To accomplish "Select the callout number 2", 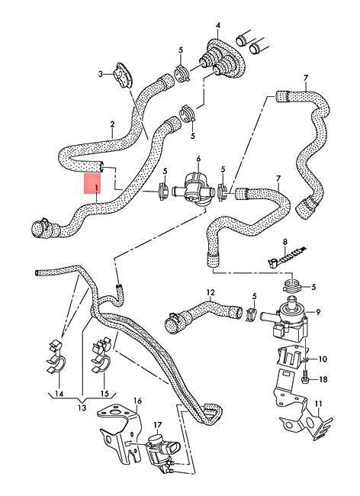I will point(112,124).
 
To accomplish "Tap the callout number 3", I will point(100,74).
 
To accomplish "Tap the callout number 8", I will point(283,243).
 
